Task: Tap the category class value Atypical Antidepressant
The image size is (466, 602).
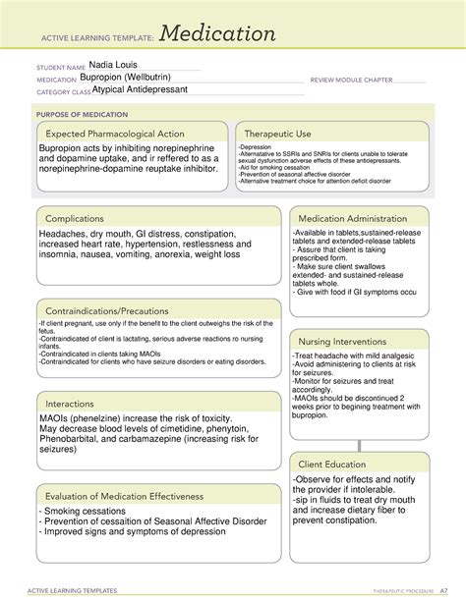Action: (x=140, y=89)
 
